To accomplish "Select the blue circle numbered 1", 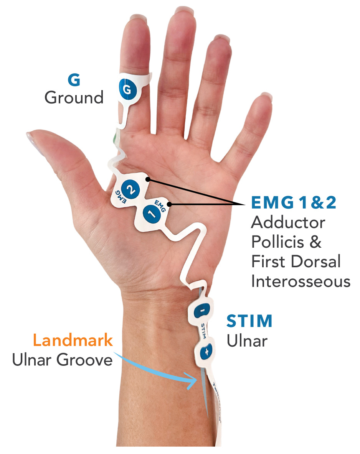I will [x=152, y=213].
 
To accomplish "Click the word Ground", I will [x=74, y=97].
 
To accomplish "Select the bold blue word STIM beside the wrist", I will [x=249, y=321].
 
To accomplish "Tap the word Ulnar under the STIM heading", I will [x=247, y=341].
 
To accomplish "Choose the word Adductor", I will [x=288, y=223].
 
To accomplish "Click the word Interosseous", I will [x=301, y=281].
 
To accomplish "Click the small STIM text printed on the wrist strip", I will [x=204, y=331].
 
